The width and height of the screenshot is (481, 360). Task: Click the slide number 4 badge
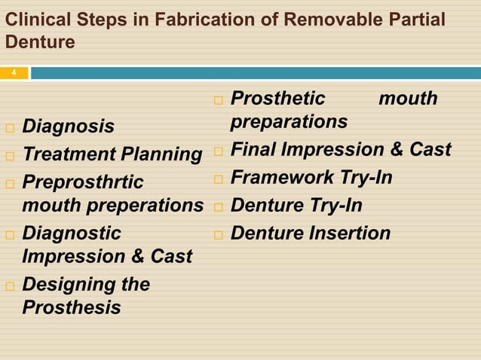coord(14,73)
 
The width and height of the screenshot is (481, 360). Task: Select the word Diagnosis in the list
coord(69,127)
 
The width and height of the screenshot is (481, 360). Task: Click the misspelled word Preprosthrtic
coord(82,182)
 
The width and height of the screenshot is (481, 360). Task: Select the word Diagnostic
coord(72,233)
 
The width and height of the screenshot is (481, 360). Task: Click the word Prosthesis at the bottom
coord(71,307)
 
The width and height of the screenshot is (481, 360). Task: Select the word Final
coord(253,149)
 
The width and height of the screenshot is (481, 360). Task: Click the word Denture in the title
coord(40,42)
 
